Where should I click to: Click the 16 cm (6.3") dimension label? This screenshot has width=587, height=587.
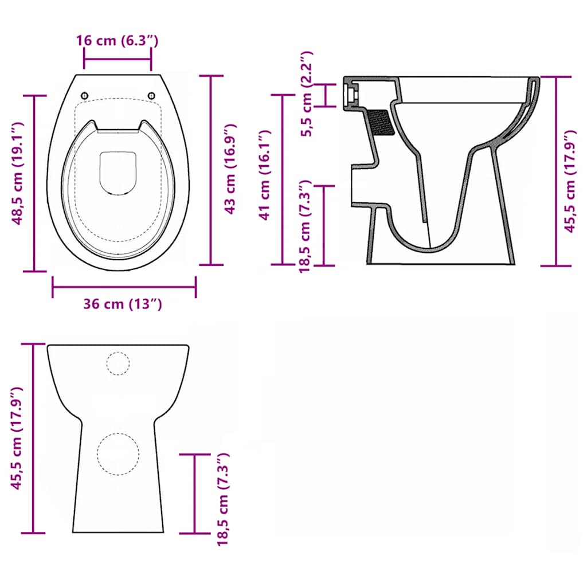point(117,40)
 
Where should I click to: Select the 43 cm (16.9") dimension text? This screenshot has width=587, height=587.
point(230,169)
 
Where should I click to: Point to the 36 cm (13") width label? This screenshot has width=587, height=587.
point(123,304)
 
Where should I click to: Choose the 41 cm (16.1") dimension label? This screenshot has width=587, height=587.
point(265,175)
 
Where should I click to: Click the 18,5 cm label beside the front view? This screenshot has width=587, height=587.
point(223,498)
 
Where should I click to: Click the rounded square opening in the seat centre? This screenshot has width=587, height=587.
point(118,173)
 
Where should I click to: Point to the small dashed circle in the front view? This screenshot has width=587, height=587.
point(118,364)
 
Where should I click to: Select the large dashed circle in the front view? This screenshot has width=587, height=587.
point(118,453)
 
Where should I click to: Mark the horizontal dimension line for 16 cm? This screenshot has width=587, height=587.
point(118,58)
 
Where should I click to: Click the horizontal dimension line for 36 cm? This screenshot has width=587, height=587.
point(124,287)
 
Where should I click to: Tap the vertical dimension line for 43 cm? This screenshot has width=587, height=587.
point(212,170)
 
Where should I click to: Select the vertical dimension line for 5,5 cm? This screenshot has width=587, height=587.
point(327,95)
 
